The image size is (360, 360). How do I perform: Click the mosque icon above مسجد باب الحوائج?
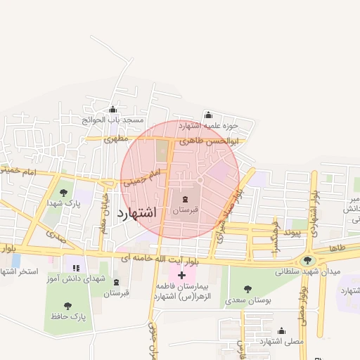click(113, 109)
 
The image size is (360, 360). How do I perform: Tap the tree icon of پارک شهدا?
click(63, 191)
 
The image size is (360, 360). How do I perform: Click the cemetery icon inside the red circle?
click(185, 199)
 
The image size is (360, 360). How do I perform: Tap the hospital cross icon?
click(182, 275)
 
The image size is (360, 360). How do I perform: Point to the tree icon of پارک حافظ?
click(67, 306)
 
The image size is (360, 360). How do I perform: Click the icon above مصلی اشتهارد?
click(282, 330)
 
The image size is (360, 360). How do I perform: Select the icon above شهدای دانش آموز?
click(76, 268)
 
